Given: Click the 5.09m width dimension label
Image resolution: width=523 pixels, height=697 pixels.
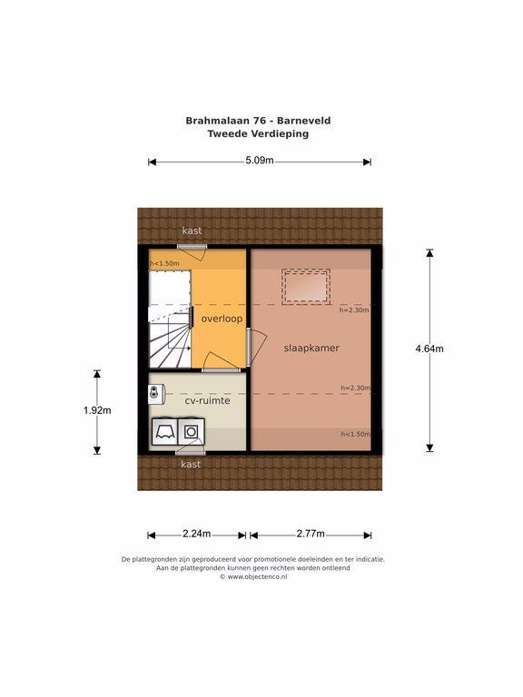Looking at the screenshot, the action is point(260,160).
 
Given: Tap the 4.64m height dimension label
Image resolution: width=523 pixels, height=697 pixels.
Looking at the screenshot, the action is point(429,348).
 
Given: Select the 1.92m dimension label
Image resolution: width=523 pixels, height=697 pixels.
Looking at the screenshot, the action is point(97,410).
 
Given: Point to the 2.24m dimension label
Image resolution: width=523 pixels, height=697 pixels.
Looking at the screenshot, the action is point(196,534).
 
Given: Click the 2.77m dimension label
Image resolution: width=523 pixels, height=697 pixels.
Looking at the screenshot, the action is point(311,534).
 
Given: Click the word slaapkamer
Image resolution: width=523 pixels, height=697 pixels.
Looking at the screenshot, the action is point(311,348).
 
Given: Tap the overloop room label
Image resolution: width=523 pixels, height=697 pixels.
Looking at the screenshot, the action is point(222,319).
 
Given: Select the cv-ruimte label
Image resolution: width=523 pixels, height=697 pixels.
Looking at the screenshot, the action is point(207,400).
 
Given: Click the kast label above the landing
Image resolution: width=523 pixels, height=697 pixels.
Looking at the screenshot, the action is point(192,231).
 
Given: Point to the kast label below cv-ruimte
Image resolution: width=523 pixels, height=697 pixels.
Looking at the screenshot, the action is point(191,464).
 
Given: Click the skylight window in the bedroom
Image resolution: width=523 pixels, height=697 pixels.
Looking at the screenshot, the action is point(306,287).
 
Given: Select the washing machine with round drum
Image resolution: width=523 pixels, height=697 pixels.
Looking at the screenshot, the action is point(192,432).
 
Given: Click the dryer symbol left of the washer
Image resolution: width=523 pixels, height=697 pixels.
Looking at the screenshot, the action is point(165,432).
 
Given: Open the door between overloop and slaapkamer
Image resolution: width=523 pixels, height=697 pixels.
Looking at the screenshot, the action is point(256,348).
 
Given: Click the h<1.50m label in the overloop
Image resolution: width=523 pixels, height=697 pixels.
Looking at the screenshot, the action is point(164,263).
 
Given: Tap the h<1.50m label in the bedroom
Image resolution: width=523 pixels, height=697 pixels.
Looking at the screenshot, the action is point(355,434).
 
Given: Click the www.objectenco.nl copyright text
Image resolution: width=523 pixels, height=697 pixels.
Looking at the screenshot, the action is point(253,576).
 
